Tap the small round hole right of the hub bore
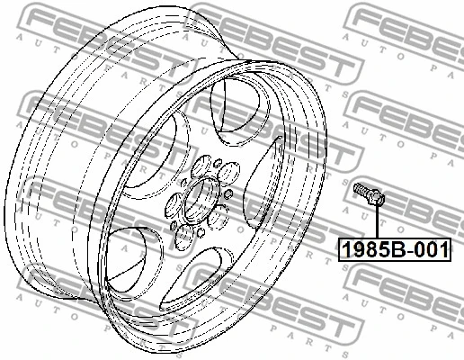[228, 195]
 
